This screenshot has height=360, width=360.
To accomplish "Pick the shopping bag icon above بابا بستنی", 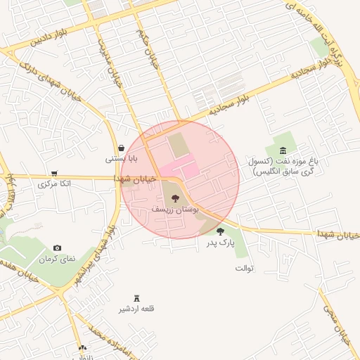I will click(x=122, y=148).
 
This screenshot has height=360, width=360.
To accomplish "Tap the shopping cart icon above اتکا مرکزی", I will click(x=54, y=173).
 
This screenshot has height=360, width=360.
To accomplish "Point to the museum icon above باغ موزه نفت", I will click(x=283, y=150).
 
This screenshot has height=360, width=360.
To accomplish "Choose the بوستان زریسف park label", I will click(x=175, y=210).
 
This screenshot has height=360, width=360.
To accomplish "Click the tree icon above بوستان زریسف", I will click(x=175, y=199).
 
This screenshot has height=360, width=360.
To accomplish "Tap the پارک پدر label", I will click(x=220, y=243).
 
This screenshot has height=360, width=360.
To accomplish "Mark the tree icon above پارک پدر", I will click(x=220, y=231).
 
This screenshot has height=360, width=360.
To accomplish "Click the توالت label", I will click(x=243, y=268).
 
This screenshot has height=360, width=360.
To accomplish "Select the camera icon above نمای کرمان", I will click(x=57, y=248).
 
